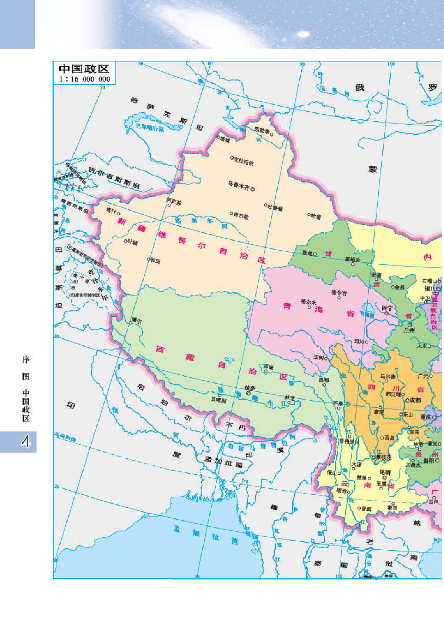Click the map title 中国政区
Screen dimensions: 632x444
(84, 69)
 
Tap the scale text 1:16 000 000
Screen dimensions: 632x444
(85, 79)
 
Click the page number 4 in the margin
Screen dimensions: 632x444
(26, 442)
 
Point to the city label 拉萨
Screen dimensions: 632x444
(250, 388)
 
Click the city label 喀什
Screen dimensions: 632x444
(112, 211)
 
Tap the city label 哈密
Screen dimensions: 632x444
(316, 216)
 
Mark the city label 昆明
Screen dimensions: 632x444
(385, 472)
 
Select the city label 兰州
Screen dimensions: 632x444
(409, 330)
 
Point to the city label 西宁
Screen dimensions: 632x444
(387, 308)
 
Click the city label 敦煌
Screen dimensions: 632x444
(307, 253)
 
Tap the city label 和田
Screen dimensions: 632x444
(155, 261)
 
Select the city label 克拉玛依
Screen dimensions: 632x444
(244, 161)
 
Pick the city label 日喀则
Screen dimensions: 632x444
(218, 400)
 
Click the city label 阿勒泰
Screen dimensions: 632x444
(262, 130)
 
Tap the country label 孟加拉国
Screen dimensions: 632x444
(224, 461)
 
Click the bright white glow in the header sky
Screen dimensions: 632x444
(303, 34)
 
